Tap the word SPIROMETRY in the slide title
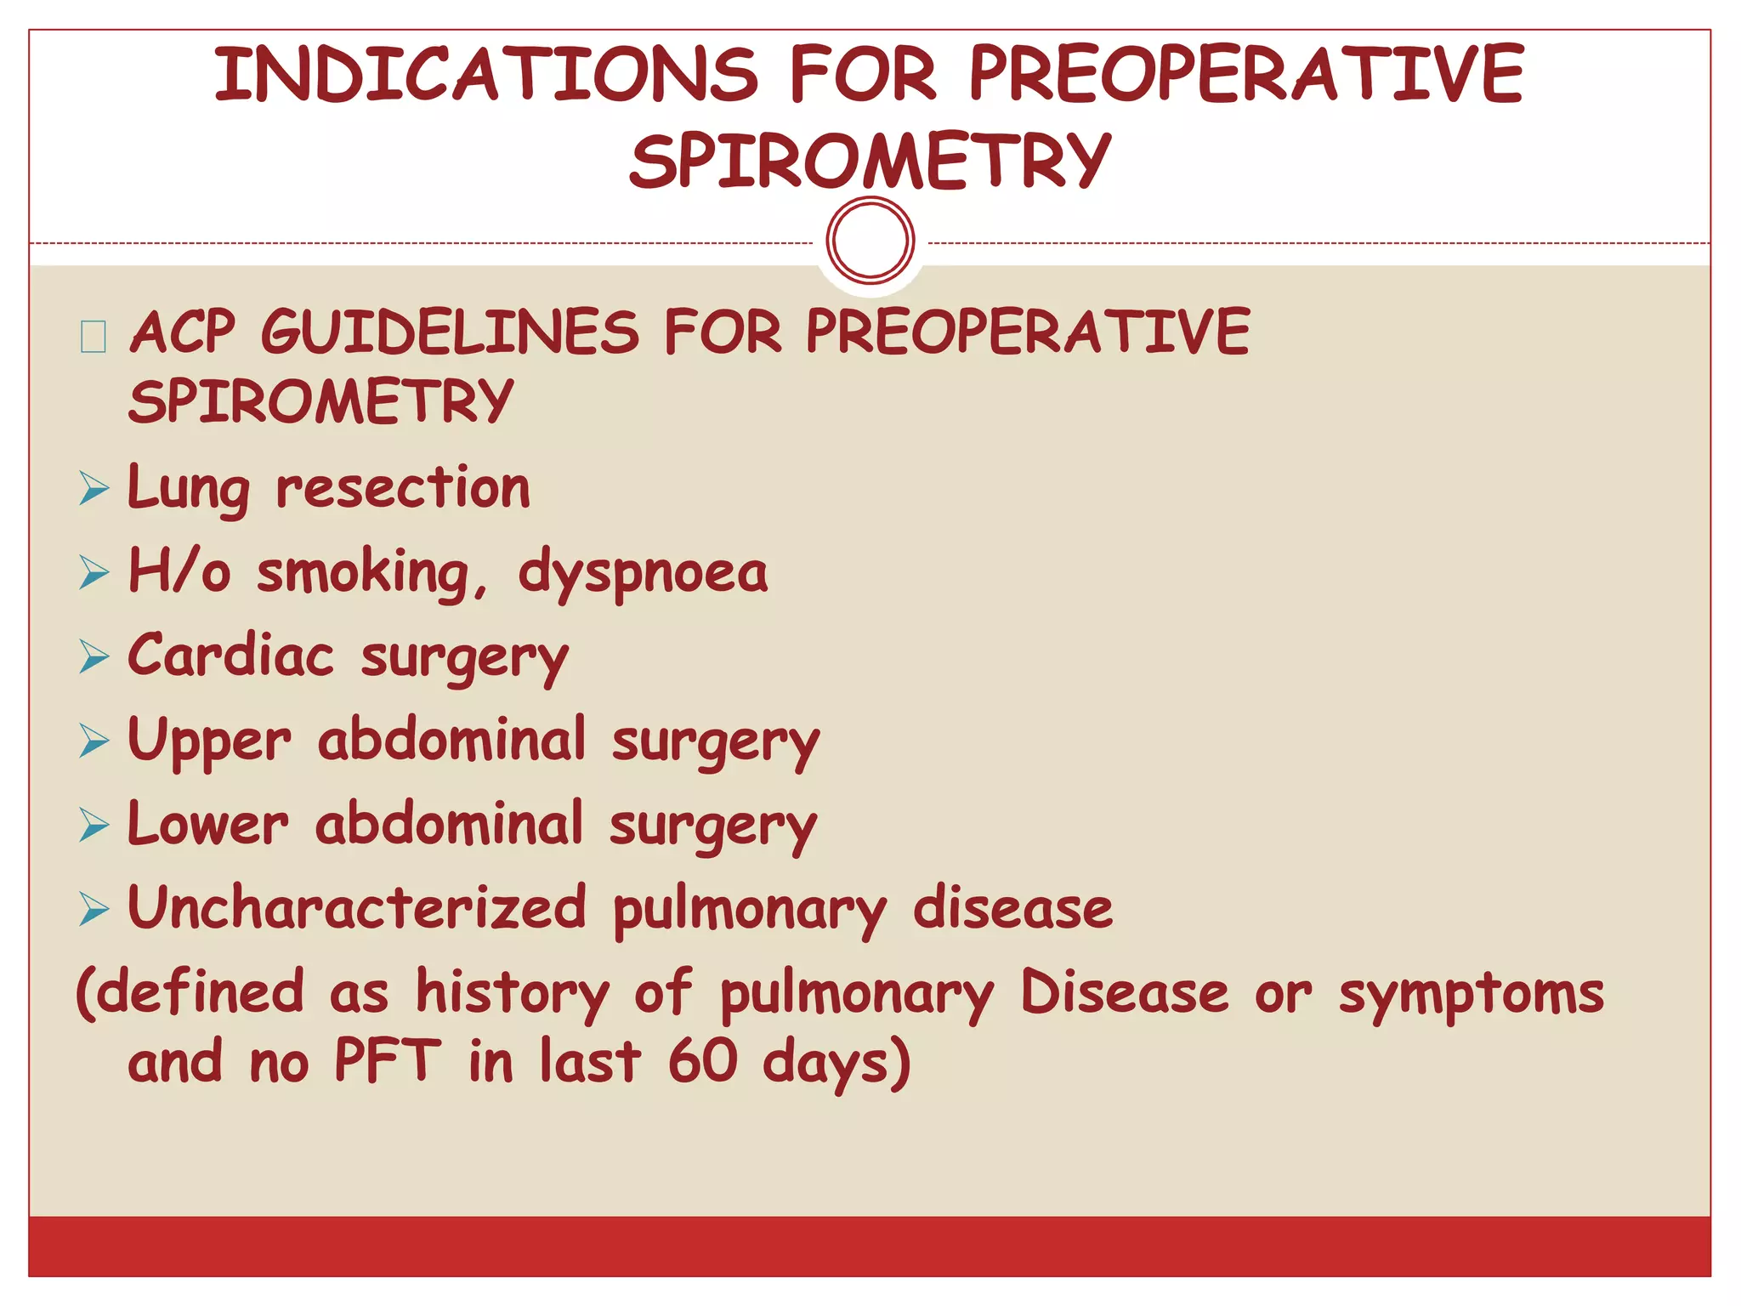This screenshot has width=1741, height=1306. [x=870, y=161]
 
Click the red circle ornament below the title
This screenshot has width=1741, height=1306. [x=870, y=240]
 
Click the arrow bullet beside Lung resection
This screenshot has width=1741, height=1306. [x=94, y=489]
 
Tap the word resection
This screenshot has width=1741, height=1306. [x=403, y=489]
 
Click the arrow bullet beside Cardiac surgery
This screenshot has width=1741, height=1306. [x=94, y=656]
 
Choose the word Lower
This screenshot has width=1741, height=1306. [x=208, y=824]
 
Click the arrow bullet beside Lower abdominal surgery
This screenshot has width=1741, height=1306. [x=94, y=825]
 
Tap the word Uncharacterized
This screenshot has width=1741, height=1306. [x=357, y=907]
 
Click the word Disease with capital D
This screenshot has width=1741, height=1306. [x=1124, y=992]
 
